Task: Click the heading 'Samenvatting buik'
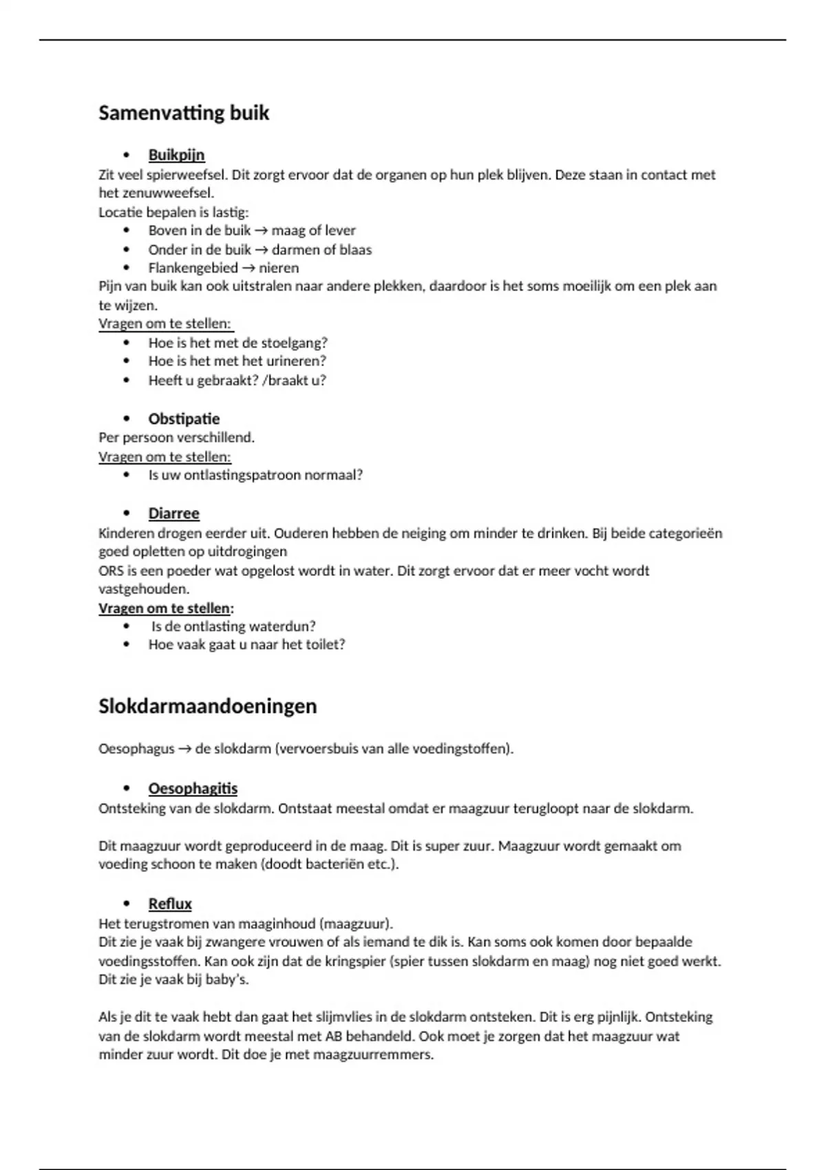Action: (184, 113)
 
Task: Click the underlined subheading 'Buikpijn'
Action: (176, 155)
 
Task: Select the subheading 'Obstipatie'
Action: (184, 419)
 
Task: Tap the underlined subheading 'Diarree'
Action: (173, 513)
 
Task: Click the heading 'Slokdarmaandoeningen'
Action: (207, 706)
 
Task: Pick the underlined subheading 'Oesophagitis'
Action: (193, 789)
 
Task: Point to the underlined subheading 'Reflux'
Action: (170, 904)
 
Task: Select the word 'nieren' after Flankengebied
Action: (279, 268)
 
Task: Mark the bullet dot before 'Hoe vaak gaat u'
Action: (126, 645)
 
